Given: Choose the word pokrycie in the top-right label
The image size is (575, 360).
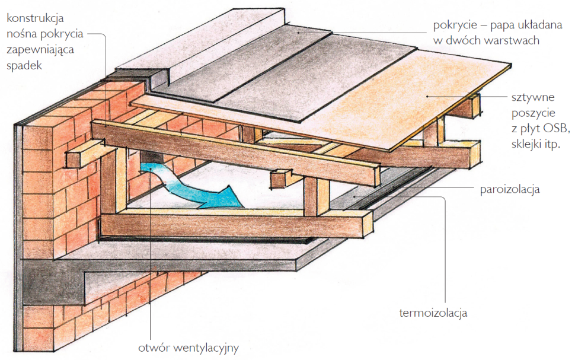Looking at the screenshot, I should (455, 26).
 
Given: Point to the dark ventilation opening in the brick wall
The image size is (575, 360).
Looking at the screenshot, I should (151, 159).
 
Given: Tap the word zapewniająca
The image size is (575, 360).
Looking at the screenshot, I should (39, 50).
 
